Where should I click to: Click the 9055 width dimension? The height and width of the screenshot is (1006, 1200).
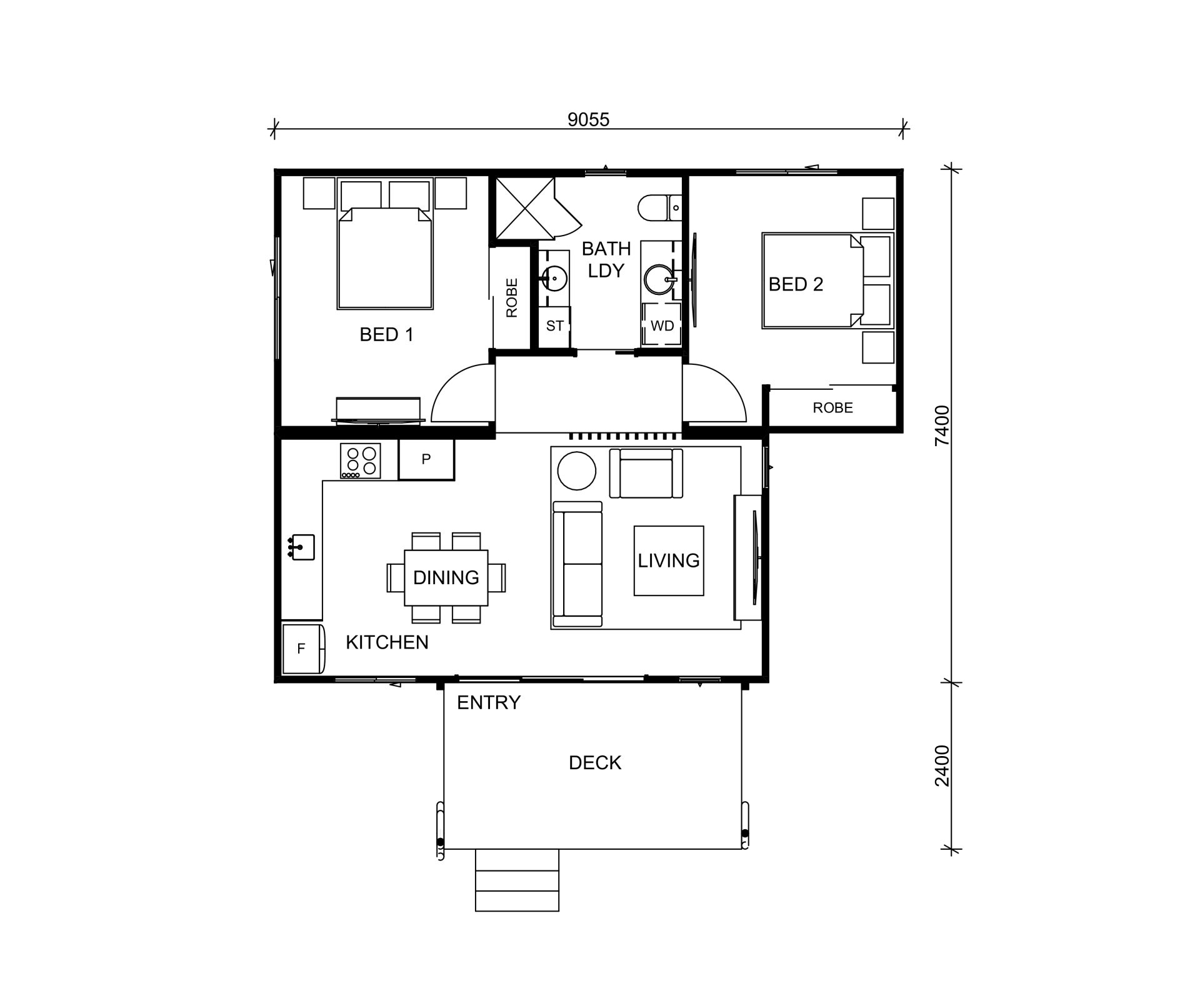[x=588, y=119]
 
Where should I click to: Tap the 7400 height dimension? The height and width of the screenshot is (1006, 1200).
[x=942, y=426]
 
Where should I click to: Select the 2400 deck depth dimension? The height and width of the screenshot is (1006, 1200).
[x=942, y=765]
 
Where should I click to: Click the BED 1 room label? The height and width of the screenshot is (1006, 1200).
[x=386, y=335]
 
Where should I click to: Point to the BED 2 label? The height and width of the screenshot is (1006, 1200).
[x=796, y=284]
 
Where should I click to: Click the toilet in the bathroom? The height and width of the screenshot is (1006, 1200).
[x=659, y=207]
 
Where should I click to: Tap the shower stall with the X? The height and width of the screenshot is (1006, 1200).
[x=525, y=208]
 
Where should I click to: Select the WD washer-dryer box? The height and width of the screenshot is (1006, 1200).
[x=662, y=326]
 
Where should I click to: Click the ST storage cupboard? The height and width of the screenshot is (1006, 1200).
[x=555, y=326]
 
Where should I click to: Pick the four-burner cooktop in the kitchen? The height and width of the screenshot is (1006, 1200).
[x=361, y=461]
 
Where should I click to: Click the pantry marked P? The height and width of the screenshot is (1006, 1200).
[x=426, y=460]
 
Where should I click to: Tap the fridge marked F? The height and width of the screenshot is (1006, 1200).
[x=303, y=649]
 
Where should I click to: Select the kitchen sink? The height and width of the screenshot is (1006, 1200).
[x=302, y=547]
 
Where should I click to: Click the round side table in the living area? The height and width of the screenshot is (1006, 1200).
[x=576, y=471]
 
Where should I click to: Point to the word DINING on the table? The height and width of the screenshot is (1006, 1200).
[x=446, y=577]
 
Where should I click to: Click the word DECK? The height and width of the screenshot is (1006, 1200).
[x=595, y=763]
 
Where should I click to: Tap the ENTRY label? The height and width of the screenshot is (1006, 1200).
[x=489, y=703]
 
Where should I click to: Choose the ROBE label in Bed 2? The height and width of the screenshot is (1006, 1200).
[x=832, y=408]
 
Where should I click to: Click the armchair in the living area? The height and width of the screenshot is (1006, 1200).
[x=646, y=473]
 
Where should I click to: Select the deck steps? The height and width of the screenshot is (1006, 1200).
[x=517, y=880]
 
